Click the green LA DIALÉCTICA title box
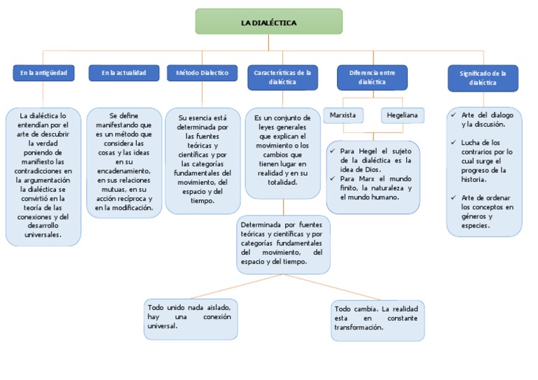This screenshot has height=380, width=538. click(268, 22)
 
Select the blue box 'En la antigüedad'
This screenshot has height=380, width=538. click(43, 73)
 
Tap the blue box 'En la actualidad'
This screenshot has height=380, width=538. click(123, 73)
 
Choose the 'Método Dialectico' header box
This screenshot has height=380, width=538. click(202, 73)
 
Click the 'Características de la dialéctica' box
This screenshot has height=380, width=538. click(282, 77)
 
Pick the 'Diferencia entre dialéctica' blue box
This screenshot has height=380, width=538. click(372, 77)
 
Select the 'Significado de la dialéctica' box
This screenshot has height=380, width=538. click(483, 78)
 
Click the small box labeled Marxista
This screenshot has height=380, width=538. click(343, 115)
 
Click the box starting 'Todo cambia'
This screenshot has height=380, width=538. click(378, 319)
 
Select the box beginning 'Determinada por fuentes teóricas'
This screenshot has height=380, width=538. click(282, 244)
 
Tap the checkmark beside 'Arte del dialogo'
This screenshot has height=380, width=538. click(454, 115)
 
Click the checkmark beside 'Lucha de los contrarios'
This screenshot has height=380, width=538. click(454, 143)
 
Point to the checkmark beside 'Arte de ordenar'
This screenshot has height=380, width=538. click(454, 198)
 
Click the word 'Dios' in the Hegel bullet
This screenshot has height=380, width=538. click(374, 169)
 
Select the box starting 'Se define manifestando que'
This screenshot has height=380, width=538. click(123, 162)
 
